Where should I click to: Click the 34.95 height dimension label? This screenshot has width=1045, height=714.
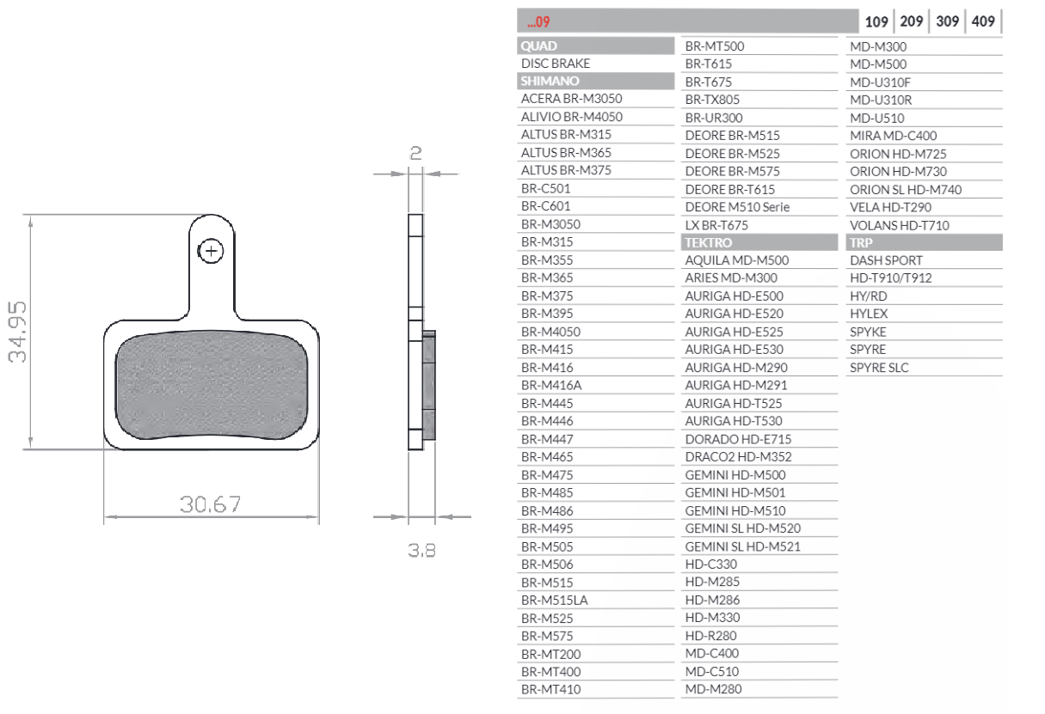17,332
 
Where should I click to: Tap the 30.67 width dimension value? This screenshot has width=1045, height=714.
211,504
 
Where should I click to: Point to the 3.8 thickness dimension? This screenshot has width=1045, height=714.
421,551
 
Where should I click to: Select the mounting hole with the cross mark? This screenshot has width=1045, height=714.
211,251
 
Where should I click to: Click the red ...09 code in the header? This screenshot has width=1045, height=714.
538,21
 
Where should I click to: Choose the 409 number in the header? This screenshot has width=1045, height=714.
983,21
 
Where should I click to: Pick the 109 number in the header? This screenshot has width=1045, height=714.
876,21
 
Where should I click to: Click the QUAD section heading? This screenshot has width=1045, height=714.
538,46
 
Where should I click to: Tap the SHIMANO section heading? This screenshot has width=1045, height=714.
550,81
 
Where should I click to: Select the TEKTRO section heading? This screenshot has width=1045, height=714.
708,243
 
